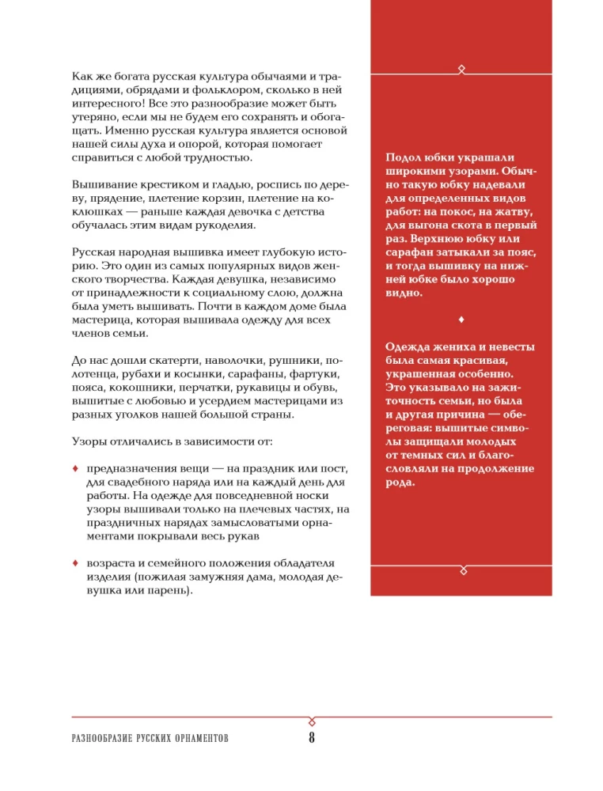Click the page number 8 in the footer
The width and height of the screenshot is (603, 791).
[312, 739]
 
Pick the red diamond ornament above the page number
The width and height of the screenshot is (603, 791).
[312, 719]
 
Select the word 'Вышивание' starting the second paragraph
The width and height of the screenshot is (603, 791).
[100, 184]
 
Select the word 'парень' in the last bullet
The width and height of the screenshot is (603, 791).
[168, 590]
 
